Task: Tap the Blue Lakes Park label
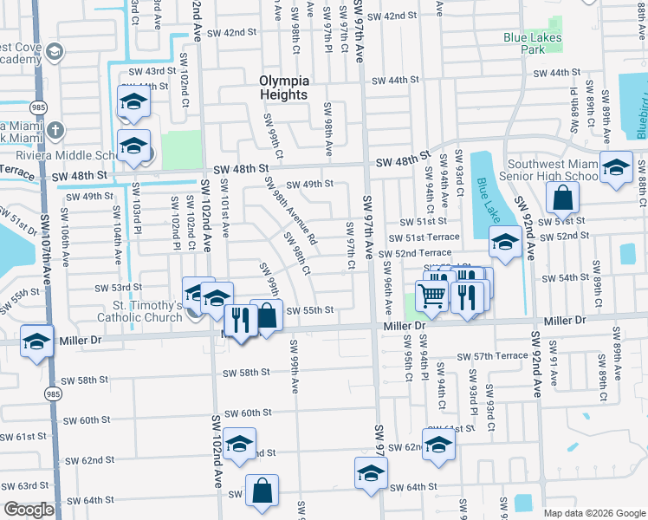tap(530, 44)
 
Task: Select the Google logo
tap(29, 510)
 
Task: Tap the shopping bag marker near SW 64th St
tap(262, 491)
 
